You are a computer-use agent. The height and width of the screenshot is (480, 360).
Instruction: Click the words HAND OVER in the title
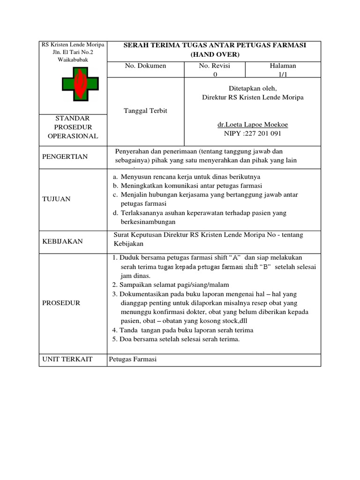pyautogui.click(x=215, y=55)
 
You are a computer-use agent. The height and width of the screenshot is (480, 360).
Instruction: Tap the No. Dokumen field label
pyautogui.click(x=145, y=66)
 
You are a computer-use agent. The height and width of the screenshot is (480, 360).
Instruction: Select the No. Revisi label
pyautogui.click(x=215, y=66)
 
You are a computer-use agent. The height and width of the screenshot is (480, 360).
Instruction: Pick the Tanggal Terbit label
pyautogui.click(x=145, y=111)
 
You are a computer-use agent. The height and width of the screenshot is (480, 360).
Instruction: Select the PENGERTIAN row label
pyautogui.click(x=65, y=157)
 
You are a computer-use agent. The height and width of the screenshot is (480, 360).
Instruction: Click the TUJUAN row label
pyautogui.click(x=56, y=199)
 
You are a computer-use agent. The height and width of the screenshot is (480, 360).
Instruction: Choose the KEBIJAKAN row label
pyautogui.click(x=63, y=241)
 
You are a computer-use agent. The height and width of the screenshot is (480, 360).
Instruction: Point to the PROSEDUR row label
pyautogui.click(x=61, y=303)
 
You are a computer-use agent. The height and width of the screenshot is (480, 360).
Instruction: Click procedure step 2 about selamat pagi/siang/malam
pyautogui.click(x=171, y=285)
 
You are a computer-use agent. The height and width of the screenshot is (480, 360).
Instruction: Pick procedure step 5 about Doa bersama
pyautogui.click(x=176, y=339)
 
